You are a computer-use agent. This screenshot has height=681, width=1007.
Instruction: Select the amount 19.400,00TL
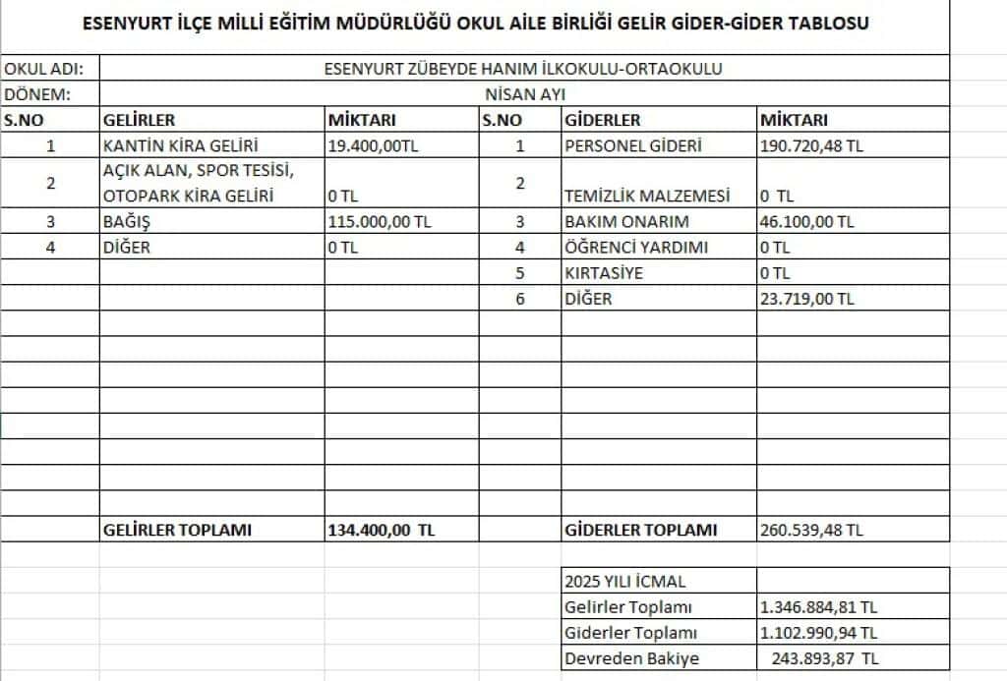click(x=373, y=145)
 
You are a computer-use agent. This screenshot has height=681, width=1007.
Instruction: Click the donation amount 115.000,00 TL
click(x=380, y=221)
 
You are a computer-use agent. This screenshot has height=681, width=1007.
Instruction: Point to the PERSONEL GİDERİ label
click(x=633, y=145)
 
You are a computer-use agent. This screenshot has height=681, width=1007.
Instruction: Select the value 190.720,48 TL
click(x=812, y=145)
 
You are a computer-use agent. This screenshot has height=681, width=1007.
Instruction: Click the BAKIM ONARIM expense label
click(x=626, y=221)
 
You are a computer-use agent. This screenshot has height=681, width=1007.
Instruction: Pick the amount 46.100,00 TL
click(x=807, y=221)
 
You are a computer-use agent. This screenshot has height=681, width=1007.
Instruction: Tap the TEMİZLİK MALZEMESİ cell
click(x=648, y=196)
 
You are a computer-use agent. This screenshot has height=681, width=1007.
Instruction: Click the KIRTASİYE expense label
click(x=604, y=272)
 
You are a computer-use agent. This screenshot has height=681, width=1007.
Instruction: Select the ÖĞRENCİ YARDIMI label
click(x=636, y=247)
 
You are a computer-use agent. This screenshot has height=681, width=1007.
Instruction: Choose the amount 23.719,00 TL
click(x=807, y=298)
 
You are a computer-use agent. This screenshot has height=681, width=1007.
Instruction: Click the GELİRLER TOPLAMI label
click(x=177, y=530)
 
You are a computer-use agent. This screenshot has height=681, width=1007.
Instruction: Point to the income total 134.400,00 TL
click(x=382, y=530)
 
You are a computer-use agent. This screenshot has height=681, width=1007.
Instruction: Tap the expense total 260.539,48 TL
click(x=812, y=530)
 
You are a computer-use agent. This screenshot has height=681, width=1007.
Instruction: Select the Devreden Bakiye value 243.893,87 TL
click(x=820, y=658)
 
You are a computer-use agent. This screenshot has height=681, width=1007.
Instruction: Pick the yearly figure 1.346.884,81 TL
click(x=819, y=607)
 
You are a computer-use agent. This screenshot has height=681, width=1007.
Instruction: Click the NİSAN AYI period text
click(x=524, y=94)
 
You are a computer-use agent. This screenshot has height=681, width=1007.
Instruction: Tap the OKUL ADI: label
click(x=44, y=69)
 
